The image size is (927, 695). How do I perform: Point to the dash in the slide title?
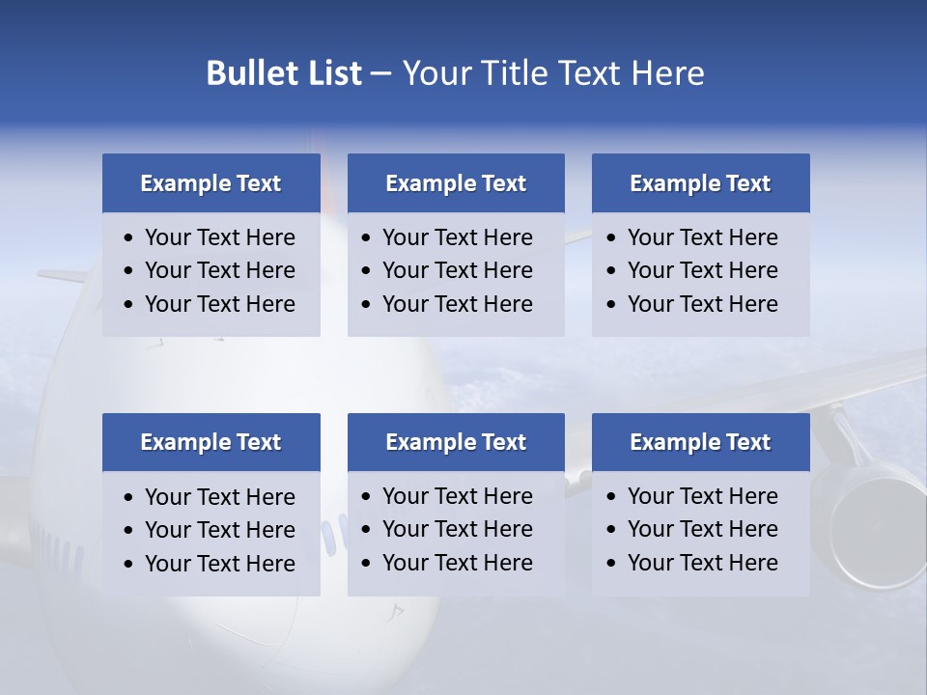pos(380,74)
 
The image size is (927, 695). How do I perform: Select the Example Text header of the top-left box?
pos(211,183)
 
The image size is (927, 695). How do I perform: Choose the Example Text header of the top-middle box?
pos(456,183)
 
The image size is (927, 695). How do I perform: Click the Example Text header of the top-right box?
pos(700,183)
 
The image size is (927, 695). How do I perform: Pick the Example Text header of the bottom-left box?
pos(211,442)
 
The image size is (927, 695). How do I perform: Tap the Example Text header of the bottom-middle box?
pos(456,442)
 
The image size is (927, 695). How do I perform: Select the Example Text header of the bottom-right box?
pos(700,442)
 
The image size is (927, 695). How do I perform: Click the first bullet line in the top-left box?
pos(219,237)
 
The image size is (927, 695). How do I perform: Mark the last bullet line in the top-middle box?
pos(457,304)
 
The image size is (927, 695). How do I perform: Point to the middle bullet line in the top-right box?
pos(702,270)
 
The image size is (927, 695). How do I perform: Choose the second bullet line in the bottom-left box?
pos(219,530)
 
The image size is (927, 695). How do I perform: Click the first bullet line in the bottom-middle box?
pos(457,496)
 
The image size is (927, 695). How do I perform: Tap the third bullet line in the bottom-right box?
pos(702,563)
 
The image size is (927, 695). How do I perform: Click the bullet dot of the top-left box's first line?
pos(129,238)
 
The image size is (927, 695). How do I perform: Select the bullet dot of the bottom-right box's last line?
pos(612,564)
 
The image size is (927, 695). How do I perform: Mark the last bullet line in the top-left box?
pos(219,304)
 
